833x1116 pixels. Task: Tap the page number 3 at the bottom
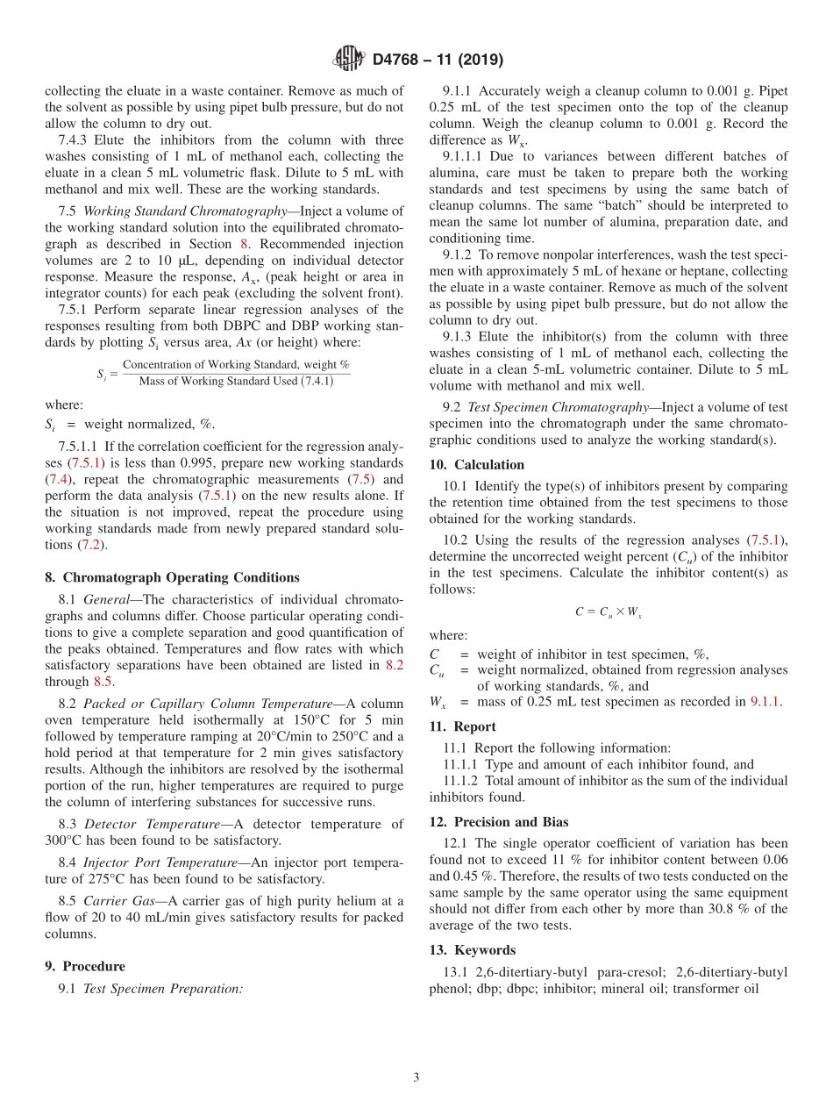tap(416, 1077)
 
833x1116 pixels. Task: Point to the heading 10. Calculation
tap(477, 465)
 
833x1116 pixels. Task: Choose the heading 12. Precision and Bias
tap(499, 822)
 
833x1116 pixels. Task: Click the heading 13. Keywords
tap(473, 950)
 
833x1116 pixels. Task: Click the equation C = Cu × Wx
tap(609, 612)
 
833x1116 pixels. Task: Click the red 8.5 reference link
tap(103, 681)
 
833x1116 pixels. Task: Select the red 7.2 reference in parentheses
tap(89, 545)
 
